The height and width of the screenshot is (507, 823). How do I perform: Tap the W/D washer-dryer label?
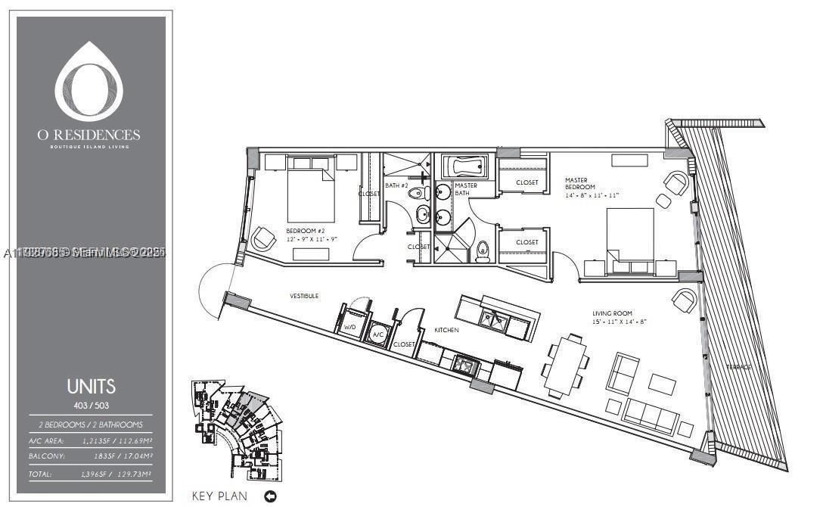(x=349, y=328)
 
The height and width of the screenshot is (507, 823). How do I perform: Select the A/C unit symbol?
(x=377, y=334)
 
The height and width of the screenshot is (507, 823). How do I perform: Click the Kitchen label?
(x=446, y=330)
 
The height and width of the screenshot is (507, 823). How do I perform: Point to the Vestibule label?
(x=303, y=295)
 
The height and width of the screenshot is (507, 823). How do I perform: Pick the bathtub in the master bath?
(x=464, y=167)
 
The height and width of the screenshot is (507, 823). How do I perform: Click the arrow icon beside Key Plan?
(x=270, y=496)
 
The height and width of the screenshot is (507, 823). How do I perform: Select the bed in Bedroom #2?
(x=310, y=196)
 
